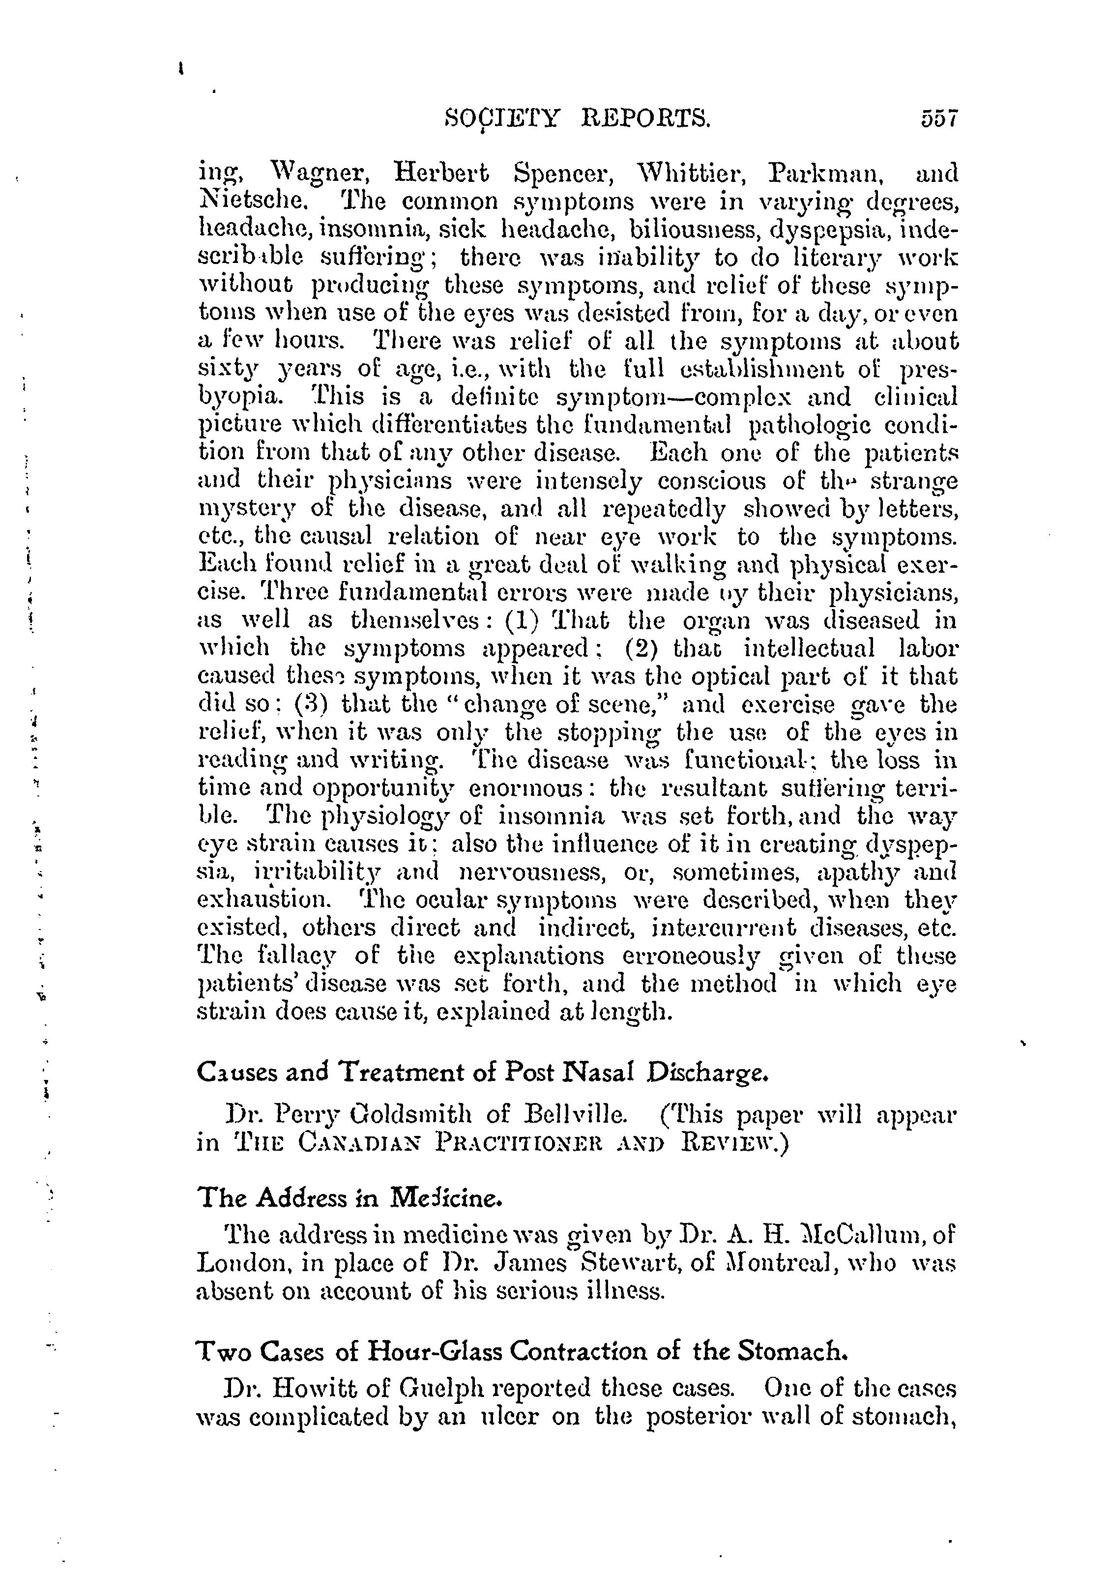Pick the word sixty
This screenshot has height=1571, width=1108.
pyautogui.click(x=225, y=370)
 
